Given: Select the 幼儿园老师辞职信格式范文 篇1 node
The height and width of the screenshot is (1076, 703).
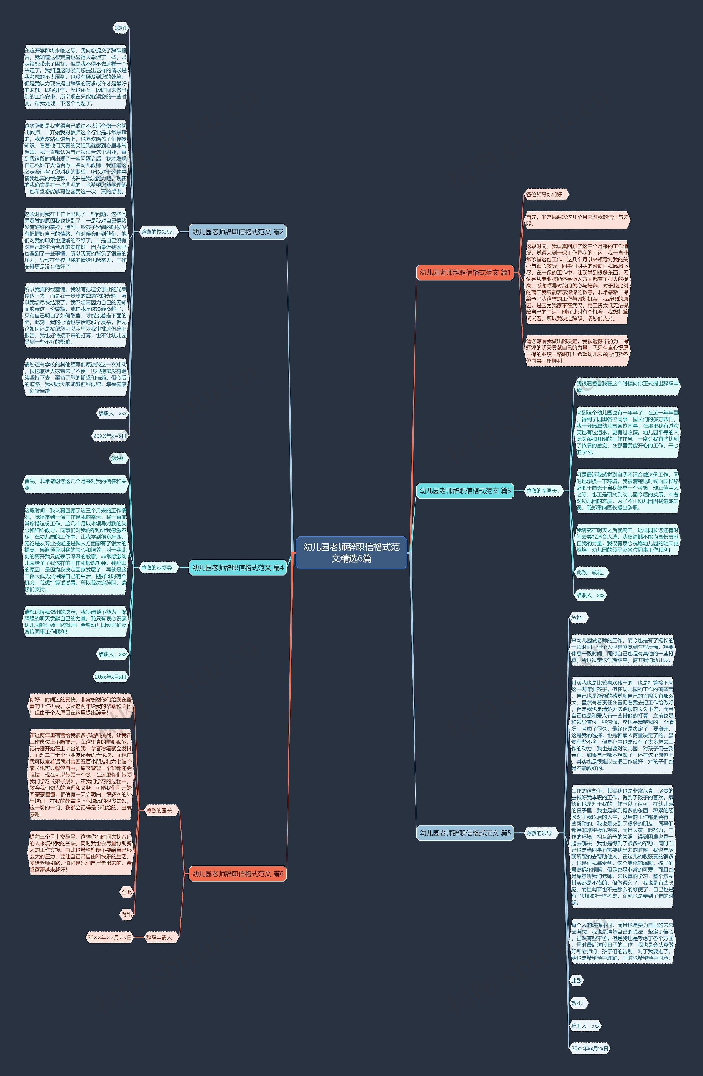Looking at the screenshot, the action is coord(465,272).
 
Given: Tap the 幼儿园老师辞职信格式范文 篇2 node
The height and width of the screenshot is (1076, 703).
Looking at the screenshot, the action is coord(238,232).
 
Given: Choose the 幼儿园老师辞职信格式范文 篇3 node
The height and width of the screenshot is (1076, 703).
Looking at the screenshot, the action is coord(465,491).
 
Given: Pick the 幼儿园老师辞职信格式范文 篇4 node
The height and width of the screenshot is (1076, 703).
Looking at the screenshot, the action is coord(238,567).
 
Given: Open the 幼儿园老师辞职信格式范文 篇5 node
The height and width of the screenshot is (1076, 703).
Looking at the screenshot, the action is coord(465,833).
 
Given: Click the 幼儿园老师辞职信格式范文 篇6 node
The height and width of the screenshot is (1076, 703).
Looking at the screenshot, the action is coord(238,873).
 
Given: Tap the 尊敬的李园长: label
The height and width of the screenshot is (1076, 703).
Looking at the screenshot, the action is coord(542,491).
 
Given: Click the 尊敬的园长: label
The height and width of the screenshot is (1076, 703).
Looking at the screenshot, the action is coord(160,810).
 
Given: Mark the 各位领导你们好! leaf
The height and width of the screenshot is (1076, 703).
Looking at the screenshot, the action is coord(545,194).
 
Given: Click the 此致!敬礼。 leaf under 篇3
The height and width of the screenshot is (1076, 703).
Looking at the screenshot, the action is coord(590,572).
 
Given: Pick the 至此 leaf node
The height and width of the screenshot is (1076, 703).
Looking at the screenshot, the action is coord(126,892).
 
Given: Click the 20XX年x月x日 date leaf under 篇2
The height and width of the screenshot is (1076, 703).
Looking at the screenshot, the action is coord(110,436).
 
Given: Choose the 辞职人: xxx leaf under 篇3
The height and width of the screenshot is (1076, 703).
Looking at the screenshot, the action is coord(590,595).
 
